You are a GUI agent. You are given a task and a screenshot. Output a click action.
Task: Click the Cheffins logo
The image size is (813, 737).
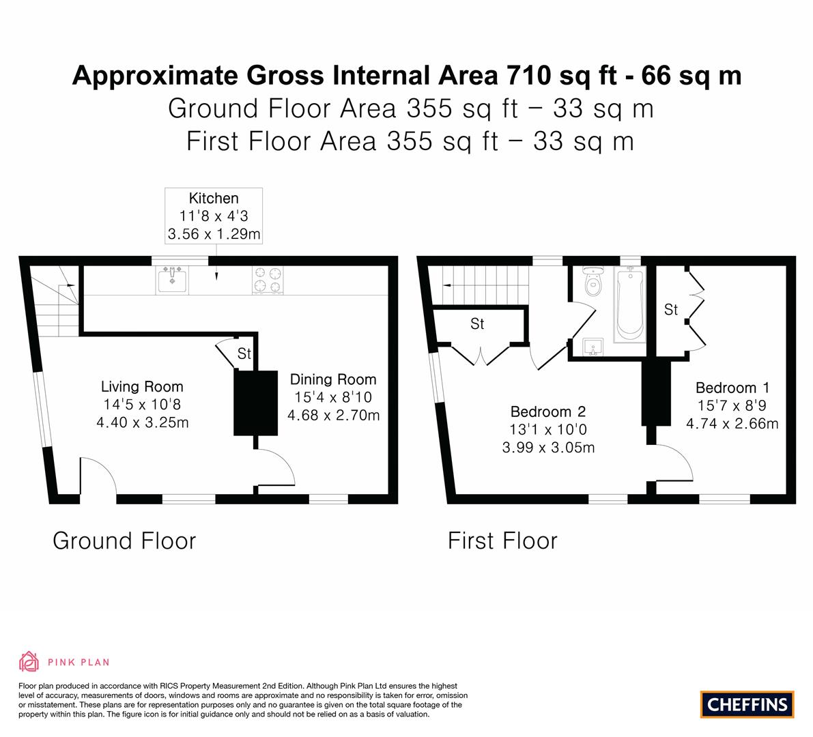click(747, 704)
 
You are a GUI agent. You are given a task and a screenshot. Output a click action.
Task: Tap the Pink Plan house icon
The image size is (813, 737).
click(29, 661)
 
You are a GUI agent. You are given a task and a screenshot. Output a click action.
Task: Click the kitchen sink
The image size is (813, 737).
click(173, 280)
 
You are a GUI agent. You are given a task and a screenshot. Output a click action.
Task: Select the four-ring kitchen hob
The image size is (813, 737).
click(268, 280)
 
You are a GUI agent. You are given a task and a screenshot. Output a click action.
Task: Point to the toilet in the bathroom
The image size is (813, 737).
click(592, 281)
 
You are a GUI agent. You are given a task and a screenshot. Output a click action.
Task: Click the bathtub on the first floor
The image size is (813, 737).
click(630, 304)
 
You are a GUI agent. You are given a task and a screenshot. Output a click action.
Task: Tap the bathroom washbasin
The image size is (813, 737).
click(593, 347)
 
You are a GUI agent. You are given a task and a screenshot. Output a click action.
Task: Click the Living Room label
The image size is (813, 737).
click(142, 387)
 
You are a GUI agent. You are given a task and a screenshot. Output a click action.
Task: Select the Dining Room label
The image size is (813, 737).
click(333, 379)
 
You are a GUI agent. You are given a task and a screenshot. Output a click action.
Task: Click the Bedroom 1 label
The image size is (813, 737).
click(732, 388)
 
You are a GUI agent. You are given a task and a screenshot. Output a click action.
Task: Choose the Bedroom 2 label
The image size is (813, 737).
click(548, 411)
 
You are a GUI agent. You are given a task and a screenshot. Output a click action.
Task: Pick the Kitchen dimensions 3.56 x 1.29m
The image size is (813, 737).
click(214, 234)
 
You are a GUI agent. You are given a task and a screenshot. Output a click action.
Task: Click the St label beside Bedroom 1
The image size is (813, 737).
click(671, 310)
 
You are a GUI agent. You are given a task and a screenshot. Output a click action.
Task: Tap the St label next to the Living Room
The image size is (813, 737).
click(244, 353)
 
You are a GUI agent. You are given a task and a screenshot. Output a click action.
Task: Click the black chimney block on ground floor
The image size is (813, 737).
click(255, 403)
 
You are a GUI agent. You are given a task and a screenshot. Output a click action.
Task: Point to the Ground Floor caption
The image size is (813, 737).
click(124, 540)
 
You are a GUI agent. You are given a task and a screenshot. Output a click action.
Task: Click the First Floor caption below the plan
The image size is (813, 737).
click(502, 540)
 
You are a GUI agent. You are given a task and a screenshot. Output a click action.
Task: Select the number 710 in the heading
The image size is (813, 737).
click(529, 75)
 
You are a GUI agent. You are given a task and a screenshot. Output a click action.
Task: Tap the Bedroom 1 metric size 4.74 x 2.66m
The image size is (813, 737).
click(732, 424)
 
